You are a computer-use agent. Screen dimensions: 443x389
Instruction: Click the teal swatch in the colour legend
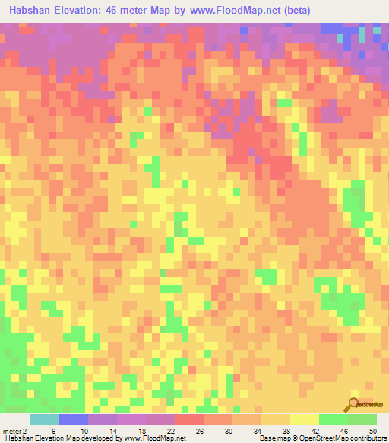[45, 420]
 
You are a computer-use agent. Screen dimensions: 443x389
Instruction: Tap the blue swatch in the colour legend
[74, 420]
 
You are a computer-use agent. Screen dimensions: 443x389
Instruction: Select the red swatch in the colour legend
[189, 420]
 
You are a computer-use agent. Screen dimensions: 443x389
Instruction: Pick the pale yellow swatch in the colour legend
[305, 420]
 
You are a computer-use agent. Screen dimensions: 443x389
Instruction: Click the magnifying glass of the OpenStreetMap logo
[353, 404]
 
